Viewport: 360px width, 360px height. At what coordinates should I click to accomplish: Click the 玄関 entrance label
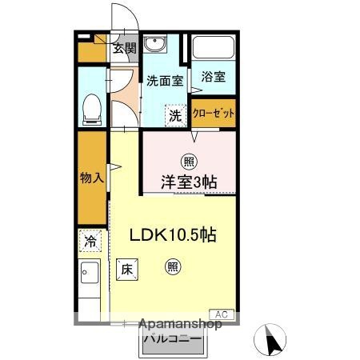point(123,48)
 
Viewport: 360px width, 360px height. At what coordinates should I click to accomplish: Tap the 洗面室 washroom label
point(165,80)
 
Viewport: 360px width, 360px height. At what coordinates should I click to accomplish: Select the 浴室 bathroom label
point(214,78)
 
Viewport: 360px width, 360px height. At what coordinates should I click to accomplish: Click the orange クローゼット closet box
point(214,113)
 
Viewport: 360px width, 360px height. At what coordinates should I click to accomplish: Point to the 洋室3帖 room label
point(189,182)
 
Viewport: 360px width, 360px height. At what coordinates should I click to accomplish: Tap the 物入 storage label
point(92,177)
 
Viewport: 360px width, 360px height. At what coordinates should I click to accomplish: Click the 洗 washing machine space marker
point(175,114)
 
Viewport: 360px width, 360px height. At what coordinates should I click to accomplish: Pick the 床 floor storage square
point(126,270)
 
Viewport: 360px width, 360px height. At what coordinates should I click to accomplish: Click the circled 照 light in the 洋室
point(189,158)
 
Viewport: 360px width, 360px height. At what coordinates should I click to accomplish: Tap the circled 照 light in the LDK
point(172,268)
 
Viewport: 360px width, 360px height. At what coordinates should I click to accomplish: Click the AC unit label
point(222,314)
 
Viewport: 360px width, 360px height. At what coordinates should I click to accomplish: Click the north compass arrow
point(273,342)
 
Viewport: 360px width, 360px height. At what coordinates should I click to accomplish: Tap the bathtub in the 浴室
point(214,50)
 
